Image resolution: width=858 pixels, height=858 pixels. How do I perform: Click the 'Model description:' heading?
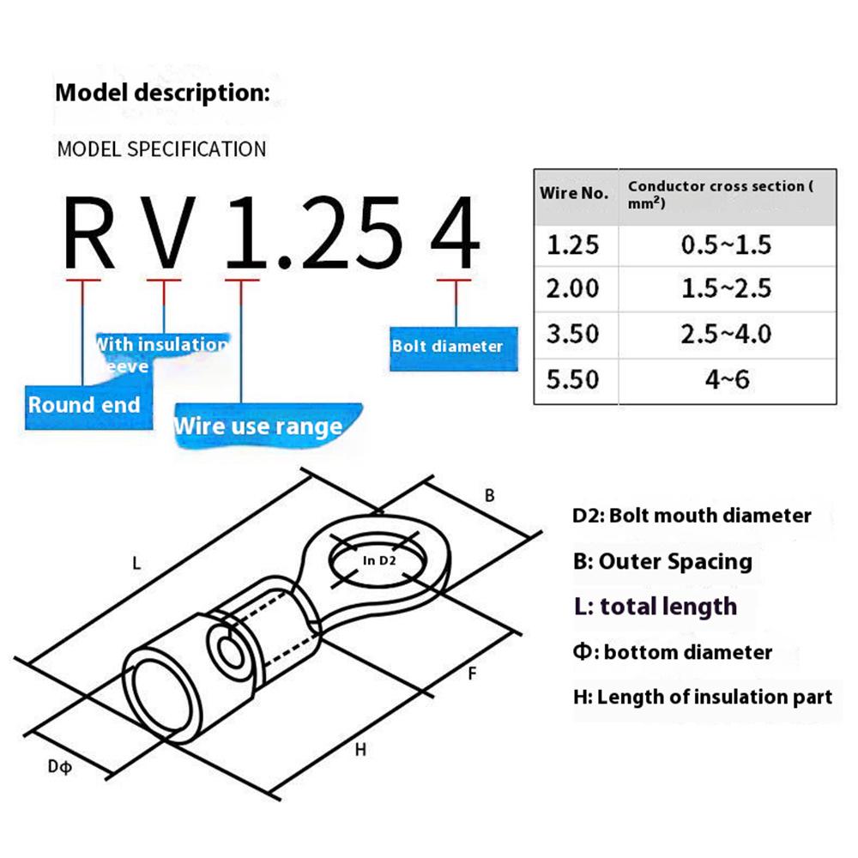point(162,92)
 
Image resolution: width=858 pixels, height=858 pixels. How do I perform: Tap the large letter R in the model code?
point(89,232)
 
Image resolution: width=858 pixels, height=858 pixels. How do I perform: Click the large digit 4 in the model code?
point(452,232)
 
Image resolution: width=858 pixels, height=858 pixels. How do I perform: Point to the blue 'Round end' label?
point(83,404)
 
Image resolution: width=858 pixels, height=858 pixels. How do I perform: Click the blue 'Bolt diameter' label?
point(447,347)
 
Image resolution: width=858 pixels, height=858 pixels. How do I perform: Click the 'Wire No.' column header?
point(574,193)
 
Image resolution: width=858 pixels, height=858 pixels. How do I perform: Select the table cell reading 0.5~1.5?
point(726,245)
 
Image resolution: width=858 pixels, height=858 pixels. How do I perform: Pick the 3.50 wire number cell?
point(573,334)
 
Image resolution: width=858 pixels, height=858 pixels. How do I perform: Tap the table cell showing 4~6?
point(727,378)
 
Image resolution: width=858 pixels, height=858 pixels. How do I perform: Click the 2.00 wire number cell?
point(573,288)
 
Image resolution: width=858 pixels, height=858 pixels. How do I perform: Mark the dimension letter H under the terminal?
point(360,750)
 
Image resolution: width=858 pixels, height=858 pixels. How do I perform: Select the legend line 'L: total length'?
point(656,607)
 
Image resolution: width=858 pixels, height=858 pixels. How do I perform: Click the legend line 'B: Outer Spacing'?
point(662,562)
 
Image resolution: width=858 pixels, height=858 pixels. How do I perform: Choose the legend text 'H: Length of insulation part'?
point(703,697)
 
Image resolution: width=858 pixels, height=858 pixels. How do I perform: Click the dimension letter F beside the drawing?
point(471,674)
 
